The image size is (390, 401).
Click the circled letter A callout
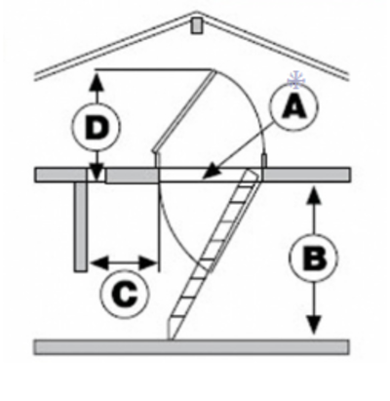(294, 106)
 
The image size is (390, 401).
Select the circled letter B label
(314, 258)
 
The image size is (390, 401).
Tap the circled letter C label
(125, 294)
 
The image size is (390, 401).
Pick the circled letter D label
(97, 127)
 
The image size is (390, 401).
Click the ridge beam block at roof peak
(196, 25)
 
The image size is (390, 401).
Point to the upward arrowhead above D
(97, 82)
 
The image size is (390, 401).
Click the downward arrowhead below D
(97, 174)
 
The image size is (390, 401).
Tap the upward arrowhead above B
(313, 195)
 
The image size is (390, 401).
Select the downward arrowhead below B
(314, 325)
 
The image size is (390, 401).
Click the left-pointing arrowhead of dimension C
(99, 262)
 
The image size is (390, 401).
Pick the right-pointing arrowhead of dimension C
(148, 262)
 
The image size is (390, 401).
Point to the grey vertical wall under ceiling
(81, 226)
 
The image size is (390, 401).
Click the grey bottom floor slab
(192, 347)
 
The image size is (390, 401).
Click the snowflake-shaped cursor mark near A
(296, 80)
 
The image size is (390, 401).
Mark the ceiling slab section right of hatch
(306, 175)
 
